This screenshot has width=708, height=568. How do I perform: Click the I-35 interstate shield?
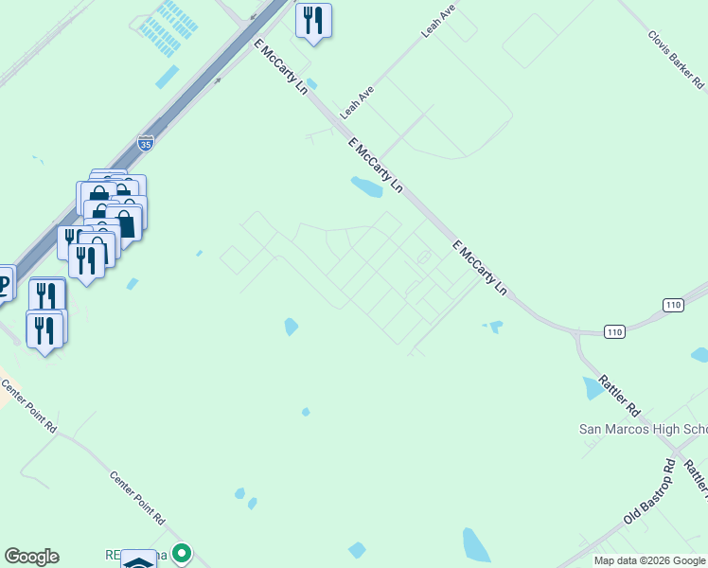[145, 143]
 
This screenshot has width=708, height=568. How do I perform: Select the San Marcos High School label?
[643, 429]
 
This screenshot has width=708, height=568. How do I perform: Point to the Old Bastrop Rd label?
[649, 492]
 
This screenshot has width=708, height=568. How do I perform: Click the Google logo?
[31, 557]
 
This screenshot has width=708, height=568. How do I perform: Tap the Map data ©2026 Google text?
[649, 560]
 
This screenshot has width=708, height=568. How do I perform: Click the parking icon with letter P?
[3, 282]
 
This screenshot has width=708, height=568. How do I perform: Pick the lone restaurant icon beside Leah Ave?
[313, 21]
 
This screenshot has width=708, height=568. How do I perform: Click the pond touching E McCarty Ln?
[366, 186]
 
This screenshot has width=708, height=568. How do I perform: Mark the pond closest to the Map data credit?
[476, 545]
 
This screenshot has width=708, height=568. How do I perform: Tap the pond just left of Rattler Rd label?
[593, 387]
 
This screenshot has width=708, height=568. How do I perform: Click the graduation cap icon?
[139, 560]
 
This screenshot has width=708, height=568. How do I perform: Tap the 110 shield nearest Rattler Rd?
[615, 331]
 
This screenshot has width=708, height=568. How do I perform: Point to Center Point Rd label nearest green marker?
[137, 499]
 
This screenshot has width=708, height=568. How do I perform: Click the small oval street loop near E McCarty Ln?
[423, 258]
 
